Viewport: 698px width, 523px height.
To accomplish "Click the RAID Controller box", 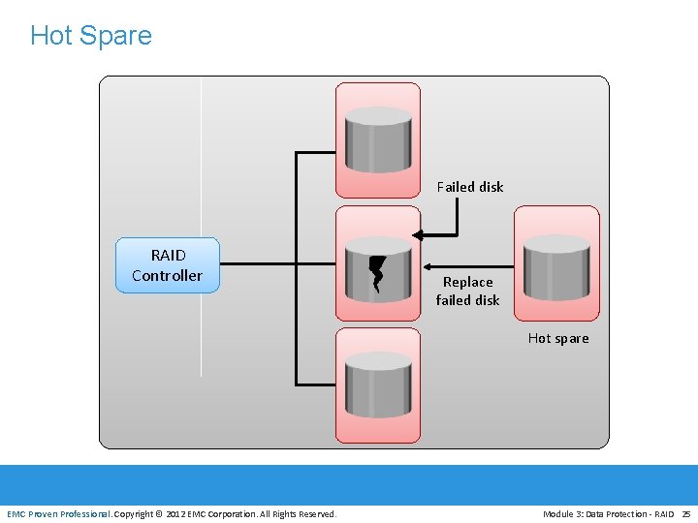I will pyautogui.click(x=168, y=265).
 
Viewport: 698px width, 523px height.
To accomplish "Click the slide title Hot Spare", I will pyautogui.click(x=91, y=36).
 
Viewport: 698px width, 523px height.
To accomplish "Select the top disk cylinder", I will pyautogui.click(x=378, y=139).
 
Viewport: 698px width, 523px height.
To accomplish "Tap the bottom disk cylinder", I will pyautogui.click(x=378, y=385).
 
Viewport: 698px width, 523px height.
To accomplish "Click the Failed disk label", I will pyautogui.click(x=470, y=187).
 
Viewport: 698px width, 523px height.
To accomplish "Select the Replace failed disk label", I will pyautogui.click(x=467, y=291).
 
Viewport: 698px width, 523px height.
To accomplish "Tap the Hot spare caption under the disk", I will pyautogui.click(x=558, y=338).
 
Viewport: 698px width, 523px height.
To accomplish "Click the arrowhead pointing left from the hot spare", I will pyautogui.click(x=428, y=266).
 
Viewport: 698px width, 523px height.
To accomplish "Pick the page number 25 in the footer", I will pyautogui.click(x=686, y=513).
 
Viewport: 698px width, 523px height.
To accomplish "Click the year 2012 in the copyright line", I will pyautogui.click(x=175, y=513).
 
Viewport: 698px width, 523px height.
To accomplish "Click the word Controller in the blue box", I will pyautogui.click(x=168, y=276).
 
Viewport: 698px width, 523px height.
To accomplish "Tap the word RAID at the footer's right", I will pyautogui.click(x=663, y=513).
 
